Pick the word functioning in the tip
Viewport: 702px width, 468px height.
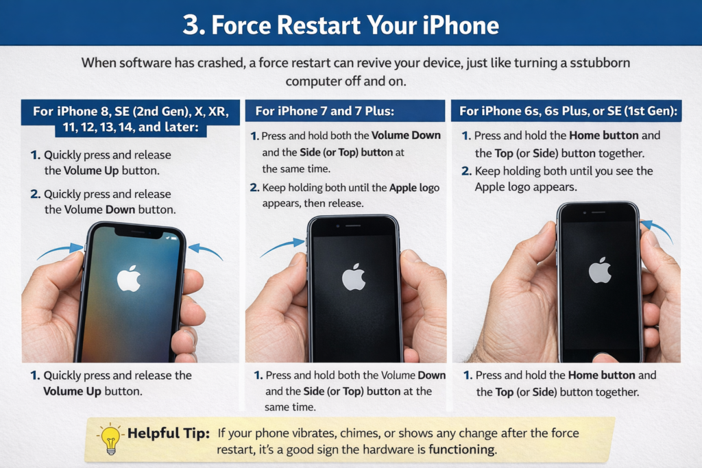[461, 450]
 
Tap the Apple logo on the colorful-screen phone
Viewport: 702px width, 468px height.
[128, 278]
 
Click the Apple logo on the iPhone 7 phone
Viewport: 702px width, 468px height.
[353, 277]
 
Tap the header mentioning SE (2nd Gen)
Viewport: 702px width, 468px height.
[130, 119]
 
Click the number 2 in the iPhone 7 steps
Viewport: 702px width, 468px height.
[254, 188]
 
